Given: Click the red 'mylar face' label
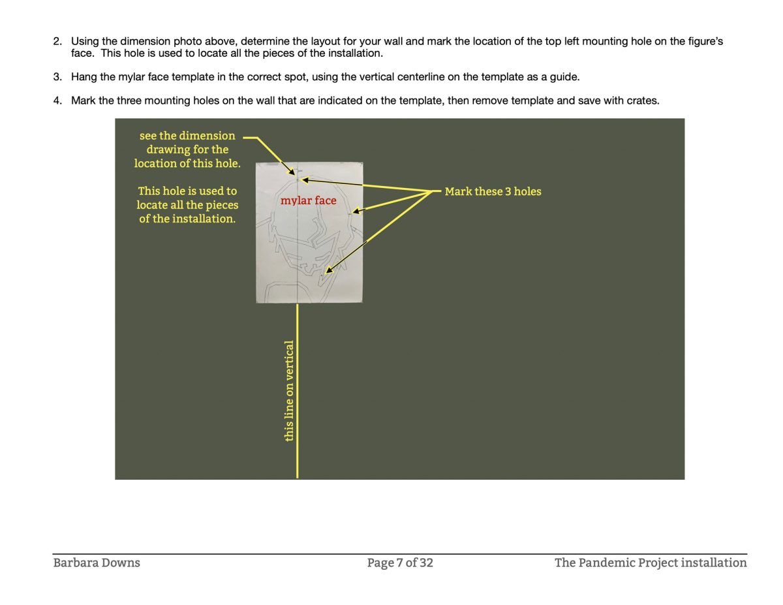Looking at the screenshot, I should pos(308,201).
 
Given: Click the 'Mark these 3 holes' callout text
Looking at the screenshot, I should pos(493,192).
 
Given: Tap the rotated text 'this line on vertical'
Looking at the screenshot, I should pos(290,390).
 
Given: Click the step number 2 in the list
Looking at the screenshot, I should pos(57,41).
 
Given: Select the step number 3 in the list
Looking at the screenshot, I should pos(57,77).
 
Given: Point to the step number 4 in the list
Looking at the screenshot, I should pos(57,101).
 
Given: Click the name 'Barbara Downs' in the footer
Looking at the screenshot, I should pos(97,563).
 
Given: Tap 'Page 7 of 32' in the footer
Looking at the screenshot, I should pos(400,563).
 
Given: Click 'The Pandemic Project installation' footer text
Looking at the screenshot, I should pos(651,563).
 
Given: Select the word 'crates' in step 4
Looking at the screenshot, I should pos(642,101).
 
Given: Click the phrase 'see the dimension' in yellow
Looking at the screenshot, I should pos(187,136).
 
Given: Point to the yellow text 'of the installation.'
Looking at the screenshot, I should pos(187,219).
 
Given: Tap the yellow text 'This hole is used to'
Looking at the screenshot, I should pos(187,191).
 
